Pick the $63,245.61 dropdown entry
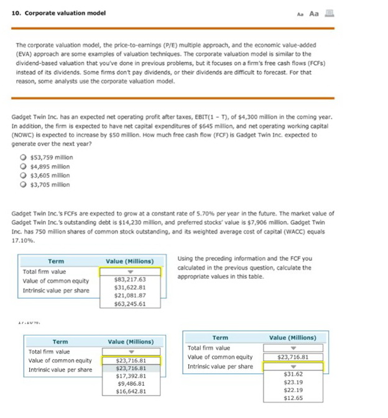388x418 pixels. (130, 304)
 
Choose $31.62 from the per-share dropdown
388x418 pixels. (293, 374)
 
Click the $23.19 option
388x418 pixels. (293, 382)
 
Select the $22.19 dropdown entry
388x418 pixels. (293, 390)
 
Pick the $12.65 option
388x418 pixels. (293, 398)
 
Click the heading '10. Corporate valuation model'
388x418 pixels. (58, 13)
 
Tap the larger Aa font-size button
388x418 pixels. (314, 14)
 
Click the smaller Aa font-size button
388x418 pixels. (300, 14)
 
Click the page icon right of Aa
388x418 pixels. (329, 13)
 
